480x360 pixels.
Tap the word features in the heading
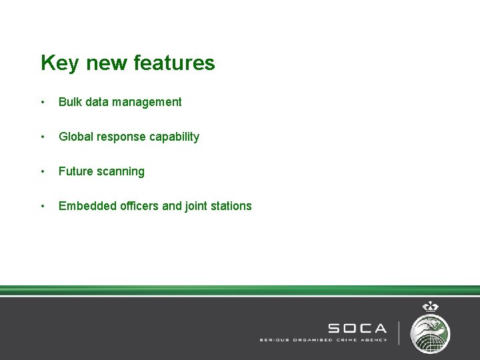175,63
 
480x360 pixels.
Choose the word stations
230,206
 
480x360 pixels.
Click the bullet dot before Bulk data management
43,102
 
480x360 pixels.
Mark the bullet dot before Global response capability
43,137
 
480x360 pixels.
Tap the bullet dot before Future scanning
43,171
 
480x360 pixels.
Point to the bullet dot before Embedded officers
43,206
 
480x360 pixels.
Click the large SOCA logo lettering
357,328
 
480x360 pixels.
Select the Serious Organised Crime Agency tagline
323,339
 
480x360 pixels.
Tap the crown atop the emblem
431,307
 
